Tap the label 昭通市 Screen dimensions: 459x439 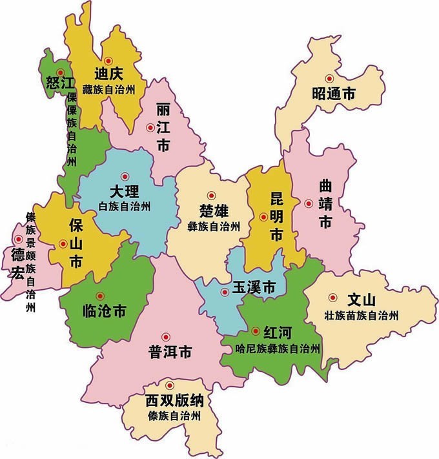[332, 94]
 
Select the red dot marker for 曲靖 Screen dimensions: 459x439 [309, 203]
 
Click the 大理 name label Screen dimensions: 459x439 [125, 192]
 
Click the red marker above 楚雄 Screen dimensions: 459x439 [210, 195]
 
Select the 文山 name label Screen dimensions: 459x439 [362, 301]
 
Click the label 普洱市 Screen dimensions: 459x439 [170, 352]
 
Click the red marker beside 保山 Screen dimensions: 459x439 [63, 243]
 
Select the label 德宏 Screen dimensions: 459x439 [17, 265]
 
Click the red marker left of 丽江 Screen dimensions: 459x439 [150, 128]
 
